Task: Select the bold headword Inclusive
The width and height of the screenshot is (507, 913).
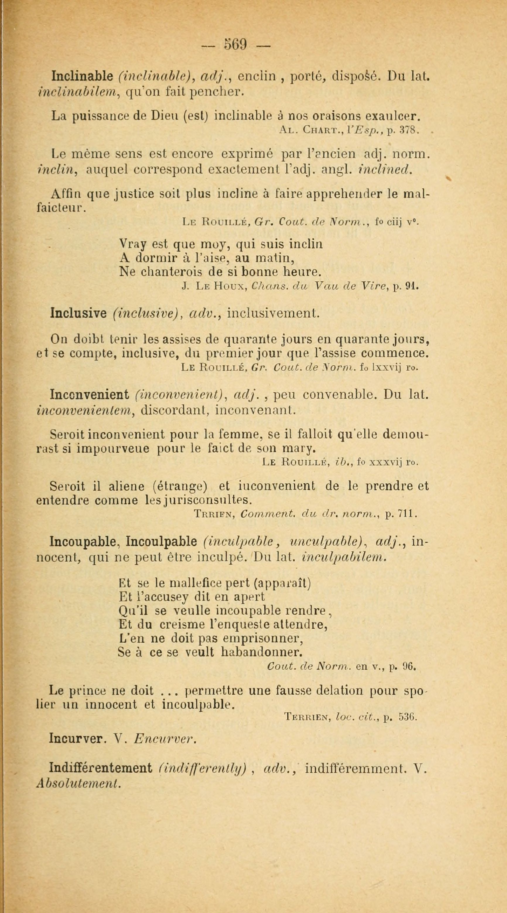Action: coord(79,313)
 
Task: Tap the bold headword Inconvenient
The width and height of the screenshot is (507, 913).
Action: coord(89,394)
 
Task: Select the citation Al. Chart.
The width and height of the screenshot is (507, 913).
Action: coord(312,130)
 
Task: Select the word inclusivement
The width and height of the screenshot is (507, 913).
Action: coord(273,313)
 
